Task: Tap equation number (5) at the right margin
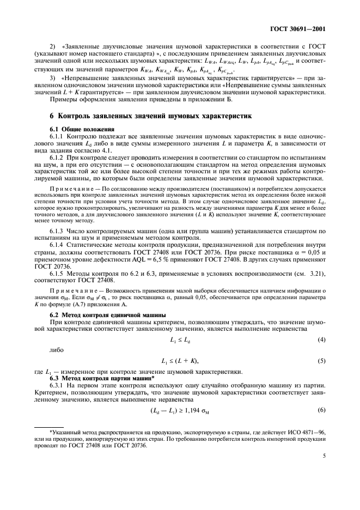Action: tap(321, 361)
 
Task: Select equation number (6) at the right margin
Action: tap(321, 410)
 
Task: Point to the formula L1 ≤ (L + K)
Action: tap(180, 361)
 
